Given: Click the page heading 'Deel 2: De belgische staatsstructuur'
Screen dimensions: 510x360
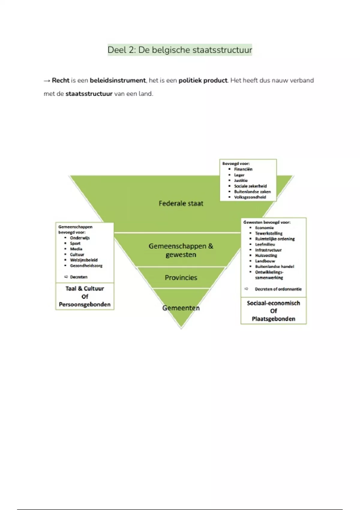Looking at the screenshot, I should (180, 50).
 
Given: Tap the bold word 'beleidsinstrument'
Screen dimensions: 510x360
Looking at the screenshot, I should (118, 80).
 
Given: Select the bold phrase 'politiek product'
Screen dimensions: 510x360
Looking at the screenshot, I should (203, 80).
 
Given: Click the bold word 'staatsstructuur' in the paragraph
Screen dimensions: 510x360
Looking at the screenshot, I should (89, 94).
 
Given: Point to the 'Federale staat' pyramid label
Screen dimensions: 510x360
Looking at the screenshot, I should (181, 203).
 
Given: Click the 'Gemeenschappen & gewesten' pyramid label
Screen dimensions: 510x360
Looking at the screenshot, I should (181, 250).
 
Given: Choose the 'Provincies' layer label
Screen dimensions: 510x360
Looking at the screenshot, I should (181, 277).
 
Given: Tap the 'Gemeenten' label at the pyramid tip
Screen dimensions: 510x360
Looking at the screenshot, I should (181, 308).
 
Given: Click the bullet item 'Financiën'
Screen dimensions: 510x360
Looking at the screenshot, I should (243, 169).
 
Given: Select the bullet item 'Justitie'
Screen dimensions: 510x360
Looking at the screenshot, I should (241, 180).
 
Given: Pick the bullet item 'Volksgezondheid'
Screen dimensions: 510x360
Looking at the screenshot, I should (250, 197).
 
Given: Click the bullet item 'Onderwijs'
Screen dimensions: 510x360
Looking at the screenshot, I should (80, 238).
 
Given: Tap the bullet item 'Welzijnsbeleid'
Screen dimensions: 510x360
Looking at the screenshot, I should (84, 260).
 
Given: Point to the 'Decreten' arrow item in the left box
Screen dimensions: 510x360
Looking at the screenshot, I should (79, 277).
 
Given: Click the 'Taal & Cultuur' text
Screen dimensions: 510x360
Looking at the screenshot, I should (85, 289).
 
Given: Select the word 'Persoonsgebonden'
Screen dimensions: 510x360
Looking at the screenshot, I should (85, 304).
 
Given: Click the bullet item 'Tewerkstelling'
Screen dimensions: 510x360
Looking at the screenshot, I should (269, 233).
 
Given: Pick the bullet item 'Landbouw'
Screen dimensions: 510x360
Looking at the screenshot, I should (265, 261).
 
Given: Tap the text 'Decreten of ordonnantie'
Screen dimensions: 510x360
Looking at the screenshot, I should (278, 289).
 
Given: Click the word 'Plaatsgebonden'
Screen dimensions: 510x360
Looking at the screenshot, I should (274, 319).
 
